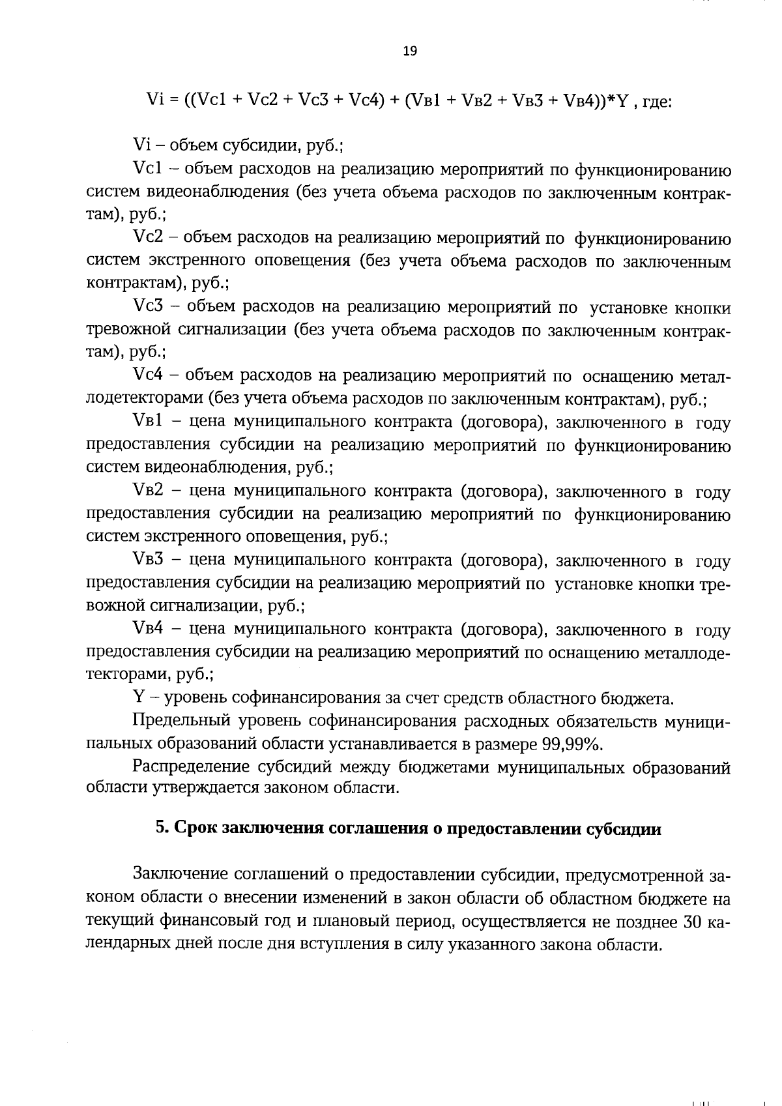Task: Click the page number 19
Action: tap(410, 51)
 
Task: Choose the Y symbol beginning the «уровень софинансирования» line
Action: tap(138, 699)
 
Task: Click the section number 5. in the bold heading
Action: tap(162, 829)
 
